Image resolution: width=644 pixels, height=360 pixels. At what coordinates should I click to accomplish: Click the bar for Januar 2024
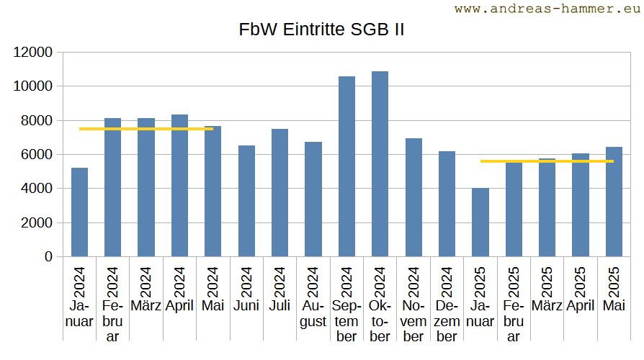[x=79, y=212]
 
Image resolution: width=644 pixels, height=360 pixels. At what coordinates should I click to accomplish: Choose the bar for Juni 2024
[x=246, y=201]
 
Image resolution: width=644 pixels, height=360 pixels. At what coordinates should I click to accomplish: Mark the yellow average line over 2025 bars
[x=547, y=161]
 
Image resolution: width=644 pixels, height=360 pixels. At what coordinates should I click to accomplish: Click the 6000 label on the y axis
[x=37, y=154]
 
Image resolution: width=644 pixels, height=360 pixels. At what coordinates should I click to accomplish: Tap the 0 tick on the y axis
[x=48, y=256]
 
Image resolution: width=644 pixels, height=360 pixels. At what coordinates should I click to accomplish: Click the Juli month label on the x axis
[x=279, y=305]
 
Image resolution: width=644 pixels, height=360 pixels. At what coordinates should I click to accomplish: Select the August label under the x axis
[x=313, y=312]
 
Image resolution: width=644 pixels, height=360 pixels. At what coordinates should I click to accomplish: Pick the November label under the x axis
[x=413, y=320]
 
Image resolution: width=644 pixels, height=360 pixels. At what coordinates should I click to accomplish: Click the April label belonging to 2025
[x=581, y=305]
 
